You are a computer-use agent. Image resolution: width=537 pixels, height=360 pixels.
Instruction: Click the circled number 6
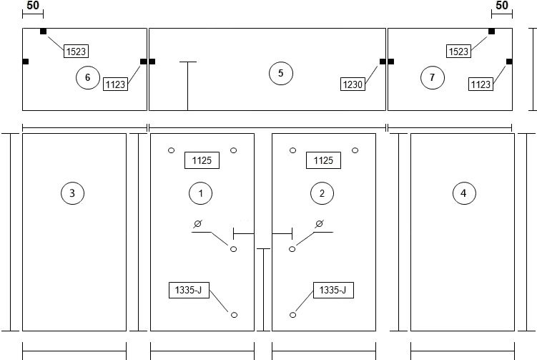coord(88,77)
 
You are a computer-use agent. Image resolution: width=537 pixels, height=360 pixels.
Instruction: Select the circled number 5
coord(281,73)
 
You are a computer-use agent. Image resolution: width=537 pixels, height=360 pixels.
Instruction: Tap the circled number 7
coord(432,77)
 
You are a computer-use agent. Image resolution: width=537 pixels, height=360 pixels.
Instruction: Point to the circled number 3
coord(72,193)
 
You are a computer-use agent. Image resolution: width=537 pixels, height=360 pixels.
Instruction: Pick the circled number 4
coord(464,193)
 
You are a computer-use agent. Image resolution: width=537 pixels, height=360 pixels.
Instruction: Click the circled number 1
coord(200,193)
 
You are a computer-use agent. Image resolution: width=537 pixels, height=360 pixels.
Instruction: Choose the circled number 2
coord(322,193)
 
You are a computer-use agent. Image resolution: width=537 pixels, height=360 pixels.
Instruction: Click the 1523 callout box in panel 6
coord(76,52)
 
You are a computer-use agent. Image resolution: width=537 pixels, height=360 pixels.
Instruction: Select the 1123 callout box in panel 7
coord(481,84)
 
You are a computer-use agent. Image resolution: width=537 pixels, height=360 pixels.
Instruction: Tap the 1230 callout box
coord(353,84)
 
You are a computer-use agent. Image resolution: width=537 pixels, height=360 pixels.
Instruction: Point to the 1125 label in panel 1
coord(202,160)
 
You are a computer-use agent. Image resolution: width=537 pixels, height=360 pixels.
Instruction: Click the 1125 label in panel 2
coord(323,160)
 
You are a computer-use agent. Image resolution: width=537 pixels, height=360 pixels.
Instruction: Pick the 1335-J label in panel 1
coord(189,290)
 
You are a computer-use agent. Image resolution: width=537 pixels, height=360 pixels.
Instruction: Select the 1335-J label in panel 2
coord(333,290)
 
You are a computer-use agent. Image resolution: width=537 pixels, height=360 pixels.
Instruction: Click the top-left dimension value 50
coord(33,6)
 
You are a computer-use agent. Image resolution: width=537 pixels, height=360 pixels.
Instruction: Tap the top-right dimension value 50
coord(502,6)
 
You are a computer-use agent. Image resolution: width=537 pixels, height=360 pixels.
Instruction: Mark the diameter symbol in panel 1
coord(197,224)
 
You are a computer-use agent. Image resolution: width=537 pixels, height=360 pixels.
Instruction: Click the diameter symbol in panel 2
coord(319,224)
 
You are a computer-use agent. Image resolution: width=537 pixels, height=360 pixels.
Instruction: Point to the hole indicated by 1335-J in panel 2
coord(293,315)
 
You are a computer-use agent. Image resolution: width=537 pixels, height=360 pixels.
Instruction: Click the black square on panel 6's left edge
coord(25,62)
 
